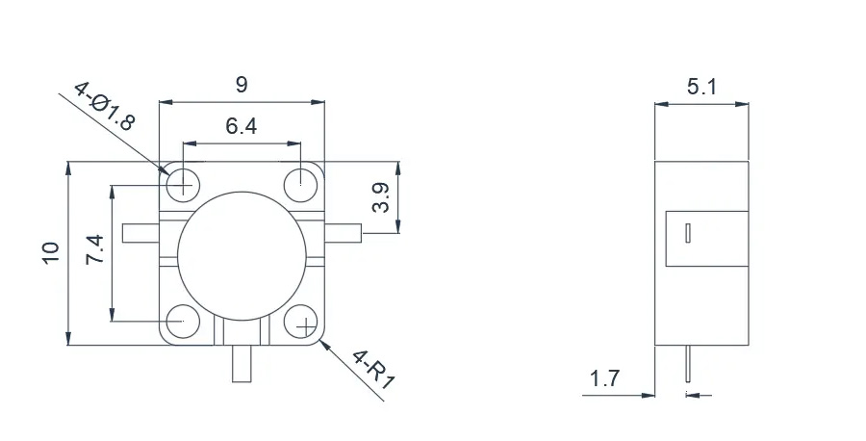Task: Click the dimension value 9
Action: (x=242, y=85)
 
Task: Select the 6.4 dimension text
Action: (x=242, y=126)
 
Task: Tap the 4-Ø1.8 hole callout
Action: (x=104, y=107)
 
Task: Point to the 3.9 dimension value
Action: (x=380, y=197)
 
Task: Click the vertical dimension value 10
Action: (x=50, y=253)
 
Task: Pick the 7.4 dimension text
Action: (x=94, y=249)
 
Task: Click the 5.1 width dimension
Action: (x=701, y=87)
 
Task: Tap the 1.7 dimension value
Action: (x=605, y=379)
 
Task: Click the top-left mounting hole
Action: (x=183, y=182)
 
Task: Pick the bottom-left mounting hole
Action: (x=183, y=321)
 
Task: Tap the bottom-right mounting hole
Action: (x=301, y=321)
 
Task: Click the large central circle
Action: (x=242, y=256)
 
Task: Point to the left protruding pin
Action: (x=140, y=233)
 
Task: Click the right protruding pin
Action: (x=343, y=233)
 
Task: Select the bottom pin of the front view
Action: (x=242, y=364)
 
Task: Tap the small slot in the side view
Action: (x=688, y=233)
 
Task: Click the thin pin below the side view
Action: (x=688, y=364)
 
